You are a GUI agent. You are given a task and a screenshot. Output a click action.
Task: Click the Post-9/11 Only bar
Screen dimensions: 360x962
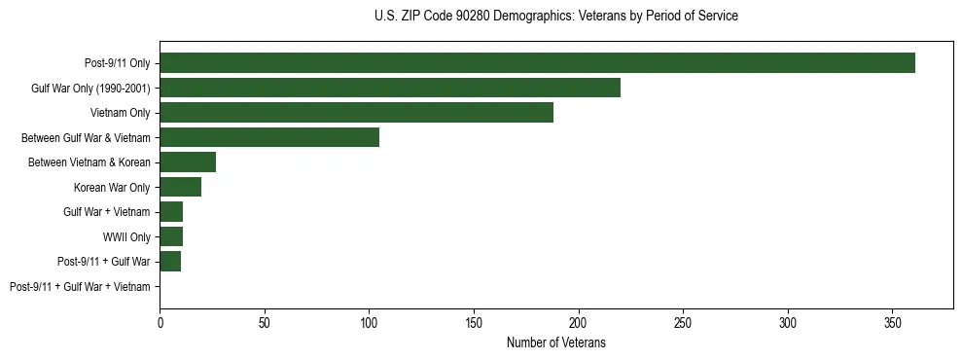pyautogui.click(x=537, y=63)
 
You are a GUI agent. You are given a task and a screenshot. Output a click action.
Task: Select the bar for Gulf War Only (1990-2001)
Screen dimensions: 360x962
pyautogui.click(x=390, y=88)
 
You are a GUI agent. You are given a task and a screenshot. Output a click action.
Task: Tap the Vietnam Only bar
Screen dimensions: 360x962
pyautogui.click(x=356, y=113)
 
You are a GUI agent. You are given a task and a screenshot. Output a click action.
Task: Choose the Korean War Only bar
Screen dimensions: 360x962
pyautogui.click(x=180, y=187)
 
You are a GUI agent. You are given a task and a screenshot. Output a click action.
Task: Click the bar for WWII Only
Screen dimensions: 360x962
pyautogui.click(x=171, y=236)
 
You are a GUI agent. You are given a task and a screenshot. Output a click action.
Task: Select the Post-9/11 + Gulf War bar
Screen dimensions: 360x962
pyautogui.click(x=170, y=262)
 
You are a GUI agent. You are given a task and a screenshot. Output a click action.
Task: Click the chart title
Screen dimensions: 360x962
pyautogui.click(x=555, y=17)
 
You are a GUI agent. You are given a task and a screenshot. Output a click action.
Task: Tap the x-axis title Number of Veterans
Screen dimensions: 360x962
pyautogui.click(x=555, y=342)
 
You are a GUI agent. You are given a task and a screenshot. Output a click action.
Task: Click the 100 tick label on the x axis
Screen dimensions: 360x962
pyautogui.click(x=369, y=322)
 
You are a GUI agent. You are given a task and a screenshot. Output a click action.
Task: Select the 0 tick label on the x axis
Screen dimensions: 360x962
pyautogui.click(x=160, y=322)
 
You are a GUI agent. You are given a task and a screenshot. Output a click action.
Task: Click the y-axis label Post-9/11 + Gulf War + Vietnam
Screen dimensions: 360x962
pyautogui.click(x=80, y=287)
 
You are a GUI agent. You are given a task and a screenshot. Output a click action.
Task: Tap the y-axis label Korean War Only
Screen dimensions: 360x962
pyautogui.click(x=112, y=187)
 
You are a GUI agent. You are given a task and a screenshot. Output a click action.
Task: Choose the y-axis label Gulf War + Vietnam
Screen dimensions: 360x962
pyautogui.click(x=107, y=212)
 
